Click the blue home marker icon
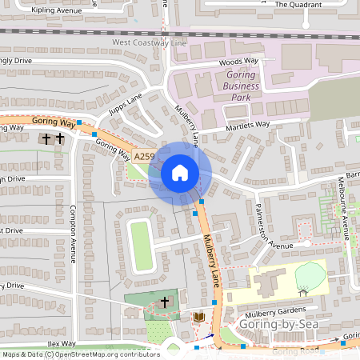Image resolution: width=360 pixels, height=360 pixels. click(x=180, y=172)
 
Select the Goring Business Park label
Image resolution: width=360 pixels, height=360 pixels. click(x=232, y=86)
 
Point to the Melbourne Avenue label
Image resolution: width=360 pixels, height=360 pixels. click(x=345, y=208)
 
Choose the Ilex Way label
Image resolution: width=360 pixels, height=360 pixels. click(x=61, y=342)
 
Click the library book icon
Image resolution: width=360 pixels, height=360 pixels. click(x=198, y=318)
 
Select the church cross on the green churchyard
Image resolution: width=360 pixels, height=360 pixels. click(x=165, y=302)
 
